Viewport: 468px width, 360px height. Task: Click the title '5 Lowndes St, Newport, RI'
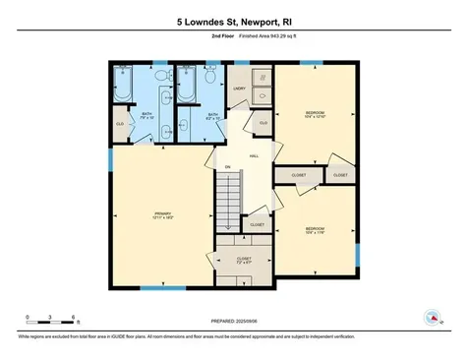(233, 21)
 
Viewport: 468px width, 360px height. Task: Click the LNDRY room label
(239, 88)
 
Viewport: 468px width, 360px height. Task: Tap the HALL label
(253, 156)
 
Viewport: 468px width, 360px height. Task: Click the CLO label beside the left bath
(121, 124)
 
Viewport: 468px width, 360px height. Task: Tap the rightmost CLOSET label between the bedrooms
(340, 174)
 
